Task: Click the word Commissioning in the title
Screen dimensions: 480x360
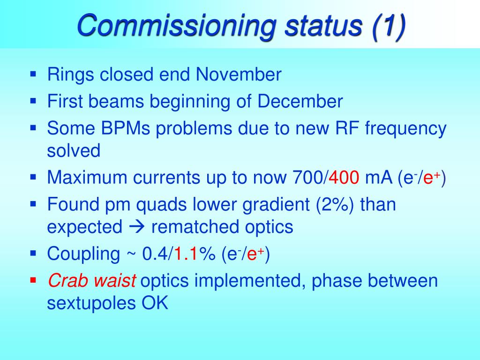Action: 177,26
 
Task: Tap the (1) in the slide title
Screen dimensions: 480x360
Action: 389,26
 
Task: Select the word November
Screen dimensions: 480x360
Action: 239,75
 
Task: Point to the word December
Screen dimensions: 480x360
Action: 300,101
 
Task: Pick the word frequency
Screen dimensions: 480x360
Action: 405,129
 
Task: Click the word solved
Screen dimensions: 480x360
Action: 74,150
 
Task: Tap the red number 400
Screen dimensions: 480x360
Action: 344,177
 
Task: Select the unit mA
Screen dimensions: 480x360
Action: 379,177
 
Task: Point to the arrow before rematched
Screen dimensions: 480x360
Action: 136,227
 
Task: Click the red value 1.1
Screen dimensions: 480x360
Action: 186,254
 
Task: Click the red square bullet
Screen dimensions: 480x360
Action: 33,280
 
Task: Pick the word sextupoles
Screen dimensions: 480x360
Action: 91,304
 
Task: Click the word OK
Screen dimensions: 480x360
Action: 155,303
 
